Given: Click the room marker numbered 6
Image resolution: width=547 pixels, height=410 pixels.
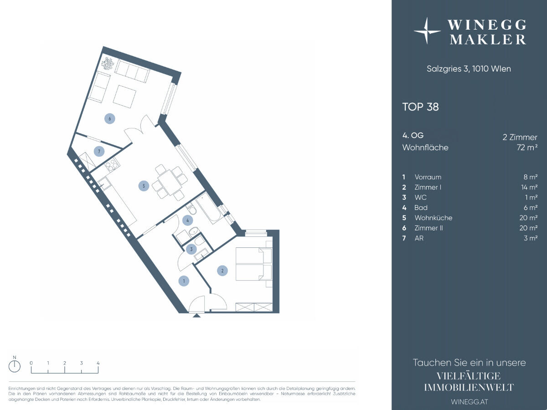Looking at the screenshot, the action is pyautogui.click(x=110, y=118).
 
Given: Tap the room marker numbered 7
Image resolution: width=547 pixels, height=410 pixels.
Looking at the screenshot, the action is pyautogui.click(x=99, y=151).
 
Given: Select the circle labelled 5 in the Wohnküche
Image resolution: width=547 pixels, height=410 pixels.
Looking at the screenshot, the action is pyautogui.click(x=144, y=186).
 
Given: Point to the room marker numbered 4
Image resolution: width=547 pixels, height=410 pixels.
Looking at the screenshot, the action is pyautogui.click(x=188, y=220).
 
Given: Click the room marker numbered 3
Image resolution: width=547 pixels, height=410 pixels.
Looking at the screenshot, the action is pyautogui.click(x=191, y=249).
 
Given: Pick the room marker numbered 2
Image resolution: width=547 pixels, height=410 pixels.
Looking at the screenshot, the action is pyautogui.click(x=222, y=271).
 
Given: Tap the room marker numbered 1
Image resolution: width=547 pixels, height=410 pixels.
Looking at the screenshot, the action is pyautogui.click(x=184, y=281).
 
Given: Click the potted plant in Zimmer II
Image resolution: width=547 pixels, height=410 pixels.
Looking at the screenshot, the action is pyautogui.click(x=108, y=63).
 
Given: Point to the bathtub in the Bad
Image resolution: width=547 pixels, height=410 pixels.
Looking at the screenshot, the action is pyautogui.click(x=208, y=208).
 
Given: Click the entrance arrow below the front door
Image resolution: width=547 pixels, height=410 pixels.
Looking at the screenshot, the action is pyautogui.click(x=197, y=316).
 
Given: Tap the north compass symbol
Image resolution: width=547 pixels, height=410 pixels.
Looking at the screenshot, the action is pyautogui.click(x=15, y=366).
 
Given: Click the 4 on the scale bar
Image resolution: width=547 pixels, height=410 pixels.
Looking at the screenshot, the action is pyautogui.click(x=98, y=363).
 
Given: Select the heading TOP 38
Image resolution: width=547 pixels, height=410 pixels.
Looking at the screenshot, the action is pyautogui.click(x=420, y=107).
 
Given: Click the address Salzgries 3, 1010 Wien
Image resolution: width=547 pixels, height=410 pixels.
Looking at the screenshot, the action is pyautogui.click(x=469, y=69).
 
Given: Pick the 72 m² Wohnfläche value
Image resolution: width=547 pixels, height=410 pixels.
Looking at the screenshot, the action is pyautogui.click(x=527, y=147).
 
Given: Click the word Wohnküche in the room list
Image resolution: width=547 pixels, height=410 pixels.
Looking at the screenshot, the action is pyautogui.click(x=433, y=218).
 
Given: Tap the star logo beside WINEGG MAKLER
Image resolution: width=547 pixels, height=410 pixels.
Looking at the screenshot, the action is pyautogui.click(x=427, y=31).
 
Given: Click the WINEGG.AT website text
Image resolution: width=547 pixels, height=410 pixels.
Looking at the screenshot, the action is pyautogui.click(x=470, y=401).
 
